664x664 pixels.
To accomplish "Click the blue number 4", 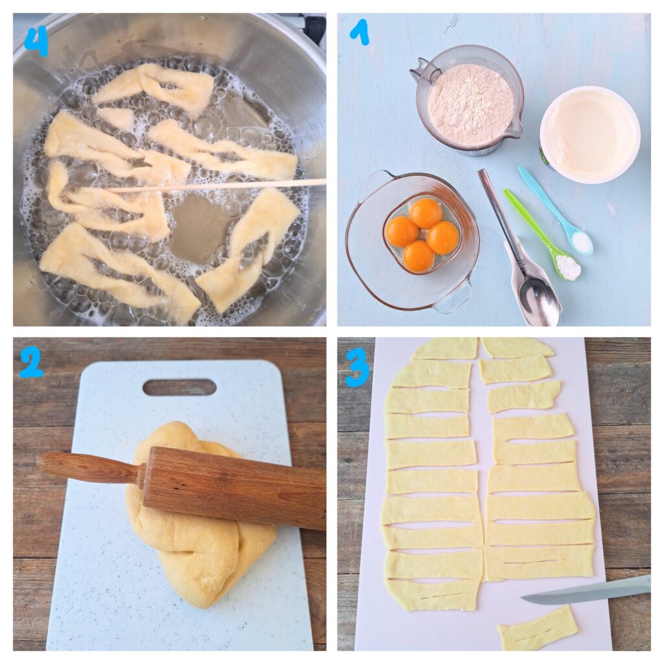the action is (36, 43).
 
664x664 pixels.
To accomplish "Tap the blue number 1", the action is (359, 33).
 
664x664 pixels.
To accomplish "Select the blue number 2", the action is (31, 365).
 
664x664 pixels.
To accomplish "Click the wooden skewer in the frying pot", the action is (217, 186).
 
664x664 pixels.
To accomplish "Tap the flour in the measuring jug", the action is (471, 104).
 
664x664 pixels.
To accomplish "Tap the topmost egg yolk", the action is (426, 213).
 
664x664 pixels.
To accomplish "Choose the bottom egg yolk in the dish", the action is (419, 257).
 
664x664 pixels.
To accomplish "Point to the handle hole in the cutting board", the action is (180, 388).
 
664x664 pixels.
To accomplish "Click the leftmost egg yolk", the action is (401, 231).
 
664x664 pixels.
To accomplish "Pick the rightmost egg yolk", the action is (443, 237).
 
